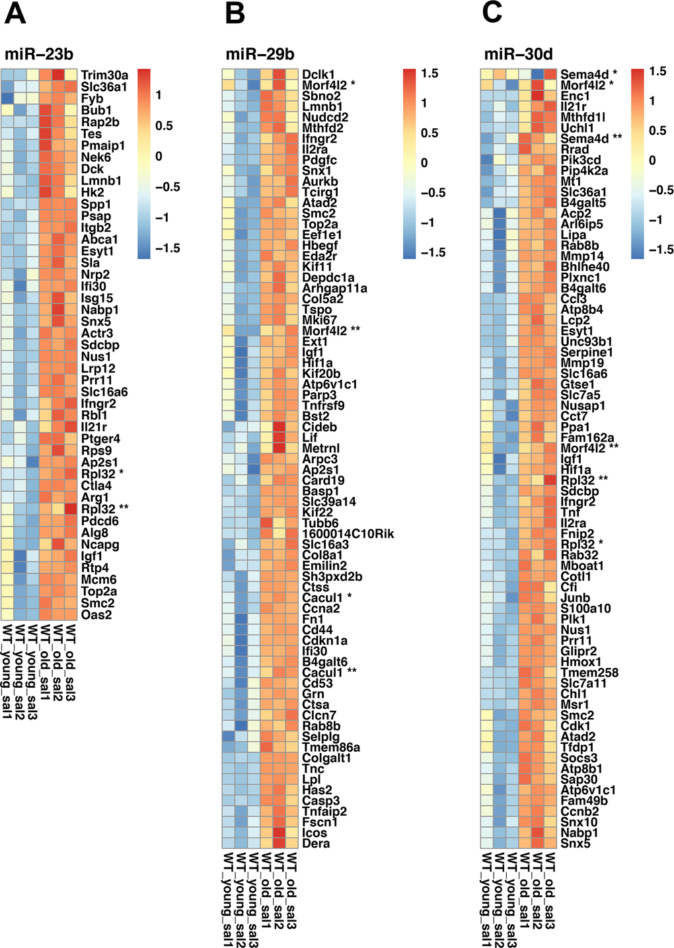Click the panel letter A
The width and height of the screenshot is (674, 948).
(x=15, y=13)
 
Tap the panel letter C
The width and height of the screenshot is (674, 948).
(x=492, y=13)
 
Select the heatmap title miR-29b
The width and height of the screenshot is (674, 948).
(x=260, y=54)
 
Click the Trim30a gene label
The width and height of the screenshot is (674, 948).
(x=104, y=75)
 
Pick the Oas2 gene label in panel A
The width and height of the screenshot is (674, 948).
(x=96, y=615)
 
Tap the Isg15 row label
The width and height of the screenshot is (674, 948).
(x=97, y=298)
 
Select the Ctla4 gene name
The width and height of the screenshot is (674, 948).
(x=96, y=486)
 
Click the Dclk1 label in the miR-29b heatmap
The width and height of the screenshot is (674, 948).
(x=318, y=75)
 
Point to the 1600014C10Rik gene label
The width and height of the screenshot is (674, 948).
(x=348, y=534)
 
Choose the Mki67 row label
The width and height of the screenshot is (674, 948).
(x=320, y=320)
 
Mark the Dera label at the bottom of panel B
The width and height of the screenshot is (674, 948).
(x=316, y=843)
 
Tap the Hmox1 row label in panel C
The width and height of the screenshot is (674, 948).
(x=581, y=662)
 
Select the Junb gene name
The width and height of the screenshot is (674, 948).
(x=575, y=598)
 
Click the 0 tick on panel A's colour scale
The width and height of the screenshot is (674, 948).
(x=159, y=157)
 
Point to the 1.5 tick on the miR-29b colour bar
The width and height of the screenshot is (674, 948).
(x=430, y=73)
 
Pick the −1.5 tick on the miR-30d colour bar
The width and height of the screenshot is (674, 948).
(x=661, y=250)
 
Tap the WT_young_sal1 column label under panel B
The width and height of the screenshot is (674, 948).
(x=229, y=898)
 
